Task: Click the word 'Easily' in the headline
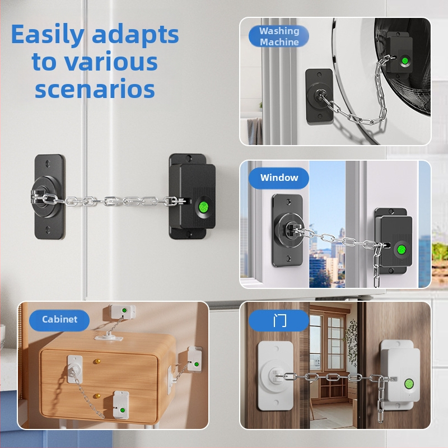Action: click(x=48, y=35)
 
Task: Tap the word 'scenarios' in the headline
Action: click(x=95, y=89)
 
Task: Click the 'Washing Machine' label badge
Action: click(x=279, y=36)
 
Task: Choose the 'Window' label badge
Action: click(x=279, y=178)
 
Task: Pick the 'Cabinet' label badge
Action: click(x=59, y=319)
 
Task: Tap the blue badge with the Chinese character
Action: click(x=279, y=320)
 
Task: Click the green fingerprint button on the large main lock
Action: click(x=204, y=207)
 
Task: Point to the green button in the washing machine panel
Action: click(x=404, y=61)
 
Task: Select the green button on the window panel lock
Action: click(x=401, y=249)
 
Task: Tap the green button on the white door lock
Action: click(x=409, y=384)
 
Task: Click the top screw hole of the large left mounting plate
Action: click(x=48, y=164)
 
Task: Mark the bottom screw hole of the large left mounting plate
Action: click(x=48, y=230)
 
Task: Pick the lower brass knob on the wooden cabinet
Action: click(x=97, y=396)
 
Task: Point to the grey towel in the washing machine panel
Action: click(x=255, y=131)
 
